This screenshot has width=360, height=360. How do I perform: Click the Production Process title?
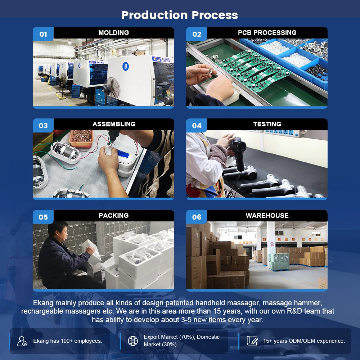click(180, 15)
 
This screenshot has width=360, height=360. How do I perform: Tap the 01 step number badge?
click(43, 34)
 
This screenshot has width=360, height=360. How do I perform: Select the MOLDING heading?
click(114, 33)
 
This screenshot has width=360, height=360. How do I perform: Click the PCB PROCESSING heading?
click(267, 33)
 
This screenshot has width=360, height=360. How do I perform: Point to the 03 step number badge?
click(43, 125)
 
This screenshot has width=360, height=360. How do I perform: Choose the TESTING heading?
click(267, 124)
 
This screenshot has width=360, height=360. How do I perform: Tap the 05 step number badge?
click(43, 217)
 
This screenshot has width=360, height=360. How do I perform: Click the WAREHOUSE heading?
click(267, 215)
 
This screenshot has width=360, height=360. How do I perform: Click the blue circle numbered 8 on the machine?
click(125, 66)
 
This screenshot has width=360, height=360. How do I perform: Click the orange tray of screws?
click(81, 138)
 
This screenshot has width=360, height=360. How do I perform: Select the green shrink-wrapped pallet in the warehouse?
click(278, 262)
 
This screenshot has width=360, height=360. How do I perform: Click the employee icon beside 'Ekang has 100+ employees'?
click(22, 341)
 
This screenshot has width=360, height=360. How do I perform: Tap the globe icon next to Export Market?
click(133, 341)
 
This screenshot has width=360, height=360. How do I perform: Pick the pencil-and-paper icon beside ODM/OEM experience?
click(252, 341)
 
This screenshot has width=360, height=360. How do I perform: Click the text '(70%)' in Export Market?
click(187, 337)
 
